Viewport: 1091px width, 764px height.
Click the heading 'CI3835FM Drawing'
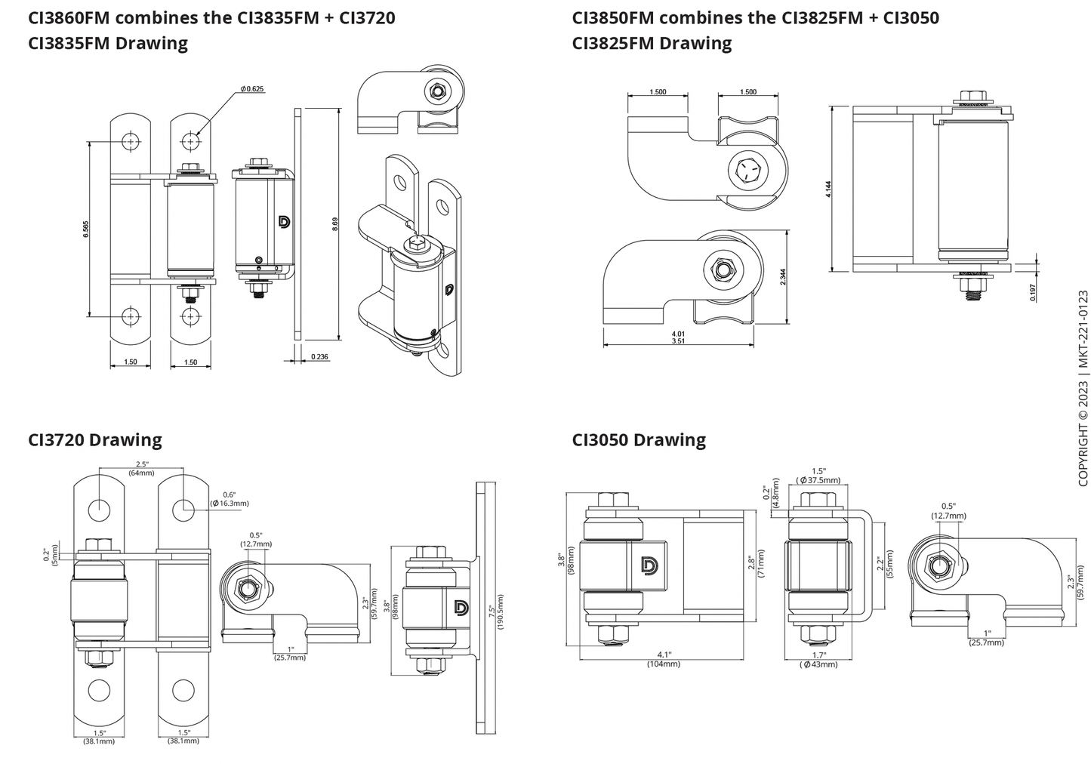click(108, 43)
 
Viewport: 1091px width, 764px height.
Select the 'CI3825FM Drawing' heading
click(652, 43)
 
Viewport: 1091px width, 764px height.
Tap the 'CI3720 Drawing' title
click(95, 439)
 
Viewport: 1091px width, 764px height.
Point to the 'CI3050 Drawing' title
click(639, 439)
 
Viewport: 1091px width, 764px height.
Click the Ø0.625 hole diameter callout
click(252, 89)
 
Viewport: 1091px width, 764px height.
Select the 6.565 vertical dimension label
click(86, 229)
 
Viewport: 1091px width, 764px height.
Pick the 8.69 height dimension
click(334, 224)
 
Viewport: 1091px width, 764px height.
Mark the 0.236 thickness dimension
click(319, 357)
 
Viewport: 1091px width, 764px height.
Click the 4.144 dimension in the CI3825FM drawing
click(829, 189)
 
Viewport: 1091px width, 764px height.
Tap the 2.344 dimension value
click(782, 276)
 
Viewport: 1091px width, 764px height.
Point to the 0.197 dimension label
click(1033, 292)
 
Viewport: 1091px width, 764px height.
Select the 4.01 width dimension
click(677, 333)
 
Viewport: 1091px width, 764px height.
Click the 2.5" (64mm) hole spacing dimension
click(141, 469)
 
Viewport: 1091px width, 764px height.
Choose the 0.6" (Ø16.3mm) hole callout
click(229, 499)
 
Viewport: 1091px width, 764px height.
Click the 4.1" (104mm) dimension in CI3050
click(664, 659)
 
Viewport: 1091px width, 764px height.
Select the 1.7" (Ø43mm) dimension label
click(818, 660)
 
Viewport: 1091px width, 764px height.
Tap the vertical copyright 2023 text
click(1083, 389)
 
